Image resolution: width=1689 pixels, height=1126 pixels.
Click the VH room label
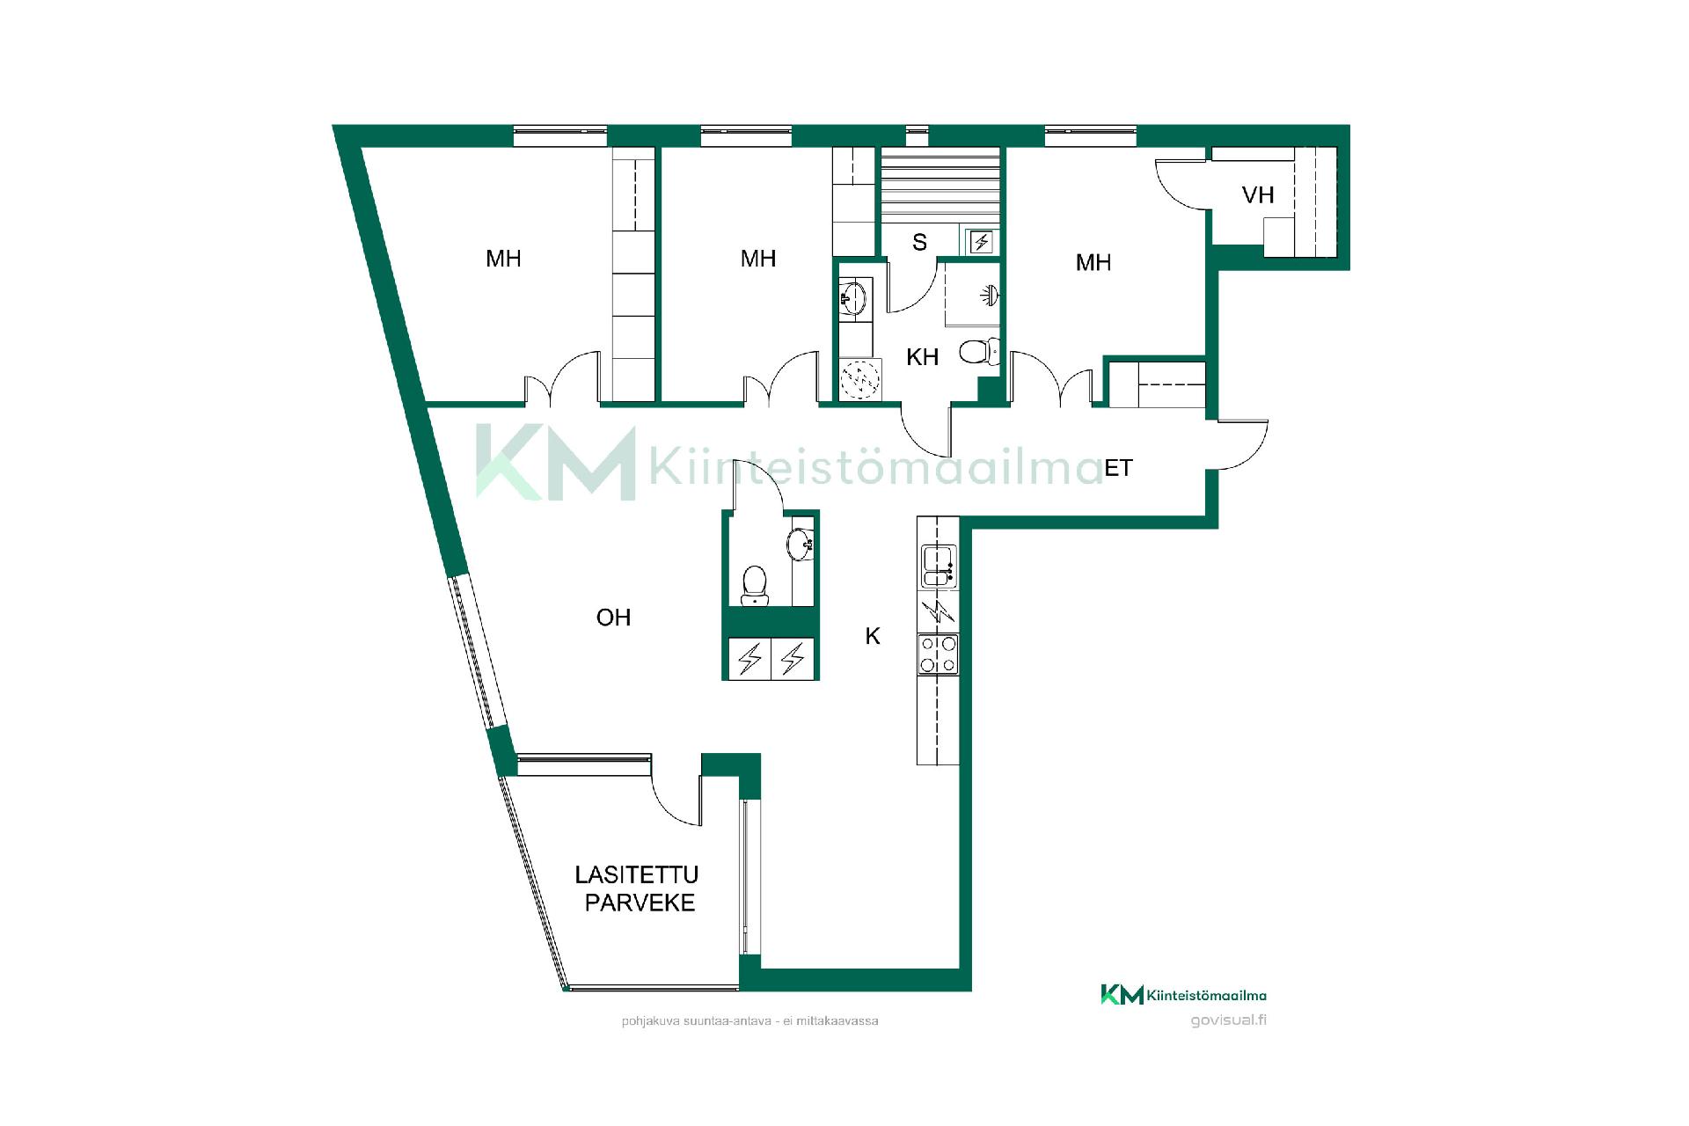[1258, 194]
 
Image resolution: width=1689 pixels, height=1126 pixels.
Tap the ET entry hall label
[1118, 468]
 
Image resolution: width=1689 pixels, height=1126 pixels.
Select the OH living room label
[613, 618]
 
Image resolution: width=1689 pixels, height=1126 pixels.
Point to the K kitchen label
[873, 636]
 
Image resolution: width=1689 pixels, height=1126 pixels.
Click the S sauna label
[919, 242]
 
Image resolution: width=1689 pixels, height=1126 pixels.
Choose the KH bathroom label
[922, 357]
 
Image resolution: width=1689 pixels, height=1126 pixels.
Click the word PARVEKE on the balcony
[640, 903]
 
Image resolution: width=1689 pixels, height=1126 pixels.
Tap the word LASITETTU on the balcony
[637, 874]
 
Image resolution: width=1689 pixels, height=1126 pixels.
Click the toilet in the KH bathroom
[979, 352]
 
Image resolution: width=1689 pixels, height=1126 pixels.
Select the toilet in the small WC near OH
[755, 586]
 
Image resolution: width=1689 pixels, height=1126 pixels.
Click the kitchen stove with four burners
[938, 654]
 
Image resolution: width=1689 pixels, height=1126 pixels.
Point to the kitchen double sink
[939, 567]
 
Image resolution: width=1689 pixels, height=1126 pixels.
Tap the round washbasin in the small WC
[801, 545]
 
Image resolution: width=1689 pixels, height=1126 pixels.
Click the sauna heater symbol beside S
[981, 242]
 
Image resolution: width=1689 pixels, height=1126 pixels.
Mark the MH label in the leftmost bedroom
[503, 259]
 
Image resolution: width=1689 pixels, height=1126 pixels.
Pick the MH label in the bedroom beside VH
[1093, 262]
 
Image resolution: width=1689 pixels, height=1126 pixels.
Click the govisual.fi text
[1228, 1020]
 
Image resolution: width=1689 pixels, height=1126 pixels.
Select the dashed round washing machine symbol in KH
[860, 379]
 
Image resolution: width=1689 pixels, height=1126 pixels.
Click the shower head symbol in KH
[990, 295]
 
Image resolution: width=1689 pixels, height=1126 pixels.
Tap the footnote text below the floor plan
[749, 1021]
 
